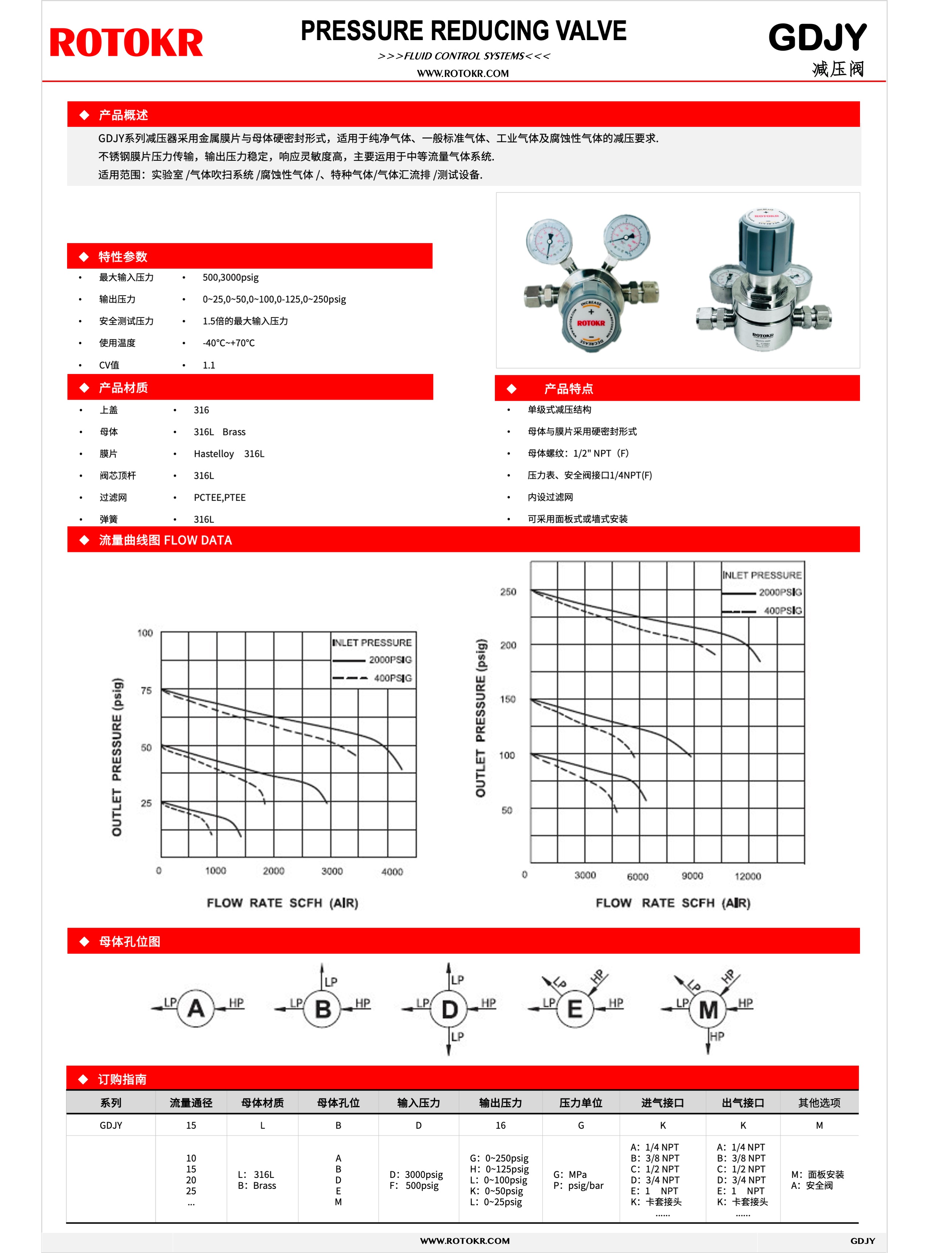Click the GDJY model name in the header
817,38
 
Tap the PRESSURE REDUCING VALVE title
463,31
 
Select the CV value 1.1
209,365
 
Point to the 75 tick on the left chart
146,690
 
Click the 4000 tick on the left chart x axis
392,872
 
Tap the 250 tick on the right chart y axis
508,592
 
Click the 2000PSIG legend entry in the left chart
390,659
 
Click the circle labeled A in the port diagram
195,1008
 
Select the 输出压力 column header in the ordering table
500,1103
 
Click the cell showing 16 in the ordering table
500,1125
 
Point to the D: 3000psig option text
416,1175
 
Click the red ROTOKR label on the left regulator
590,323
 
